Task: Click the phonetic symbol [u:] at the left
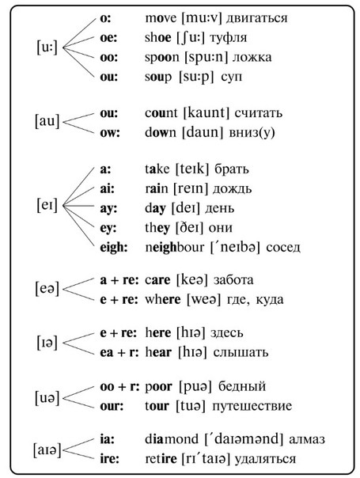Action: point(47,47)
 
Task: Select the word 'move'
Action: point(161,18)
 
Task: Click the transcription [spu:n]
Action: point(206,58)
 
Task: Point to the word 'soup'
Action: point(158,77)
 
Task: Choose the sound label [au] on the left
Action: point(47,121)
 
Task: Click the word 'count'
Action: point(161,113)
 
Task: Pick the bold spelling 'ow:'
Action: point(110,133)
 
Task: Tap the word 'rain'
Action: point(157,188)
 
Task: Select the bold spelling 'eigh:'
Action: point(113,248)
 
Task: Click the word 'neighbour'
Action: point(174,247)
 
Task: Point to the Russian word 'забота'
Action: point(233,280)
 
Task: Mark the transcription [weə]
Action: point(203,300)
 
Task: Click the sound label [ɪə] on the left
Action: point(47,343)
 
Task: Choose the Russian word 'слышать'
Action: point(241,353)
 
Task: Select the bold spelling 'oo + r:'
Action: point(119,387)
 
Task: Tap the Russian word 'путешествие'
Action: point(252,406)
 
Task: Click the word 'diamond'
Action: point(172,439)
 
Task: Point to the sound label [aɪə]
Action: point(47,450)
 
